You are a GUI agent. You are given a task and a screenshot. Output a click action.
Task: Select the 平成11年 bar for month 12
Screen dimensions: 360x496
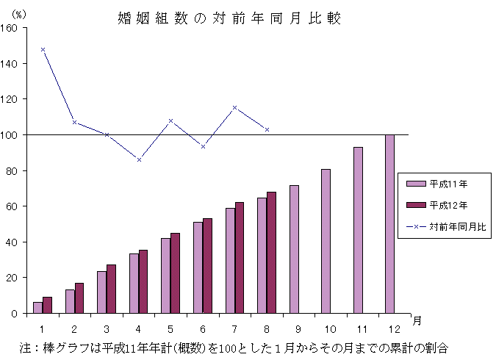[x=389, y=224]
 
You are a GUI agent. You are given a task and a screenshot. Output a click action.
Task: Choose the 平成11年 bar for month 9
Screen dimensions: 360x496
[x=294, y=249]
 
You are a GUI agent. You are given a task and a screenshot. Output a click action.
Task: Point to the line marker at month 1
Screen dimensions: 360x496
[x=43, y=49]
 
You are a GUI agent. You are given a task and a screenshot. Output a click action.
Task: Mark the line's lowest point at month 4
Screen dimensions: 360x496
[x=139, y=159]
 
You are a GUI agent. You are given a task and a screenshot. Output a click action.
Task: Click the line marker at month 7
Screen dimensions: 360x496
[x=235, y=108]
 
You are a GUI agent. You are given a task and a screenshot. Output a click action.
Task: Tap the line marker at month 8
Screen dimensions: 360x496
[x=267, y=129]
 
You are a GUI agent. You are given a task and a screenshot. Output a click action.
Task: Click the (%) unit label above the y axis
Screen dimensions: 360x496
[x=19, y=15]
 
